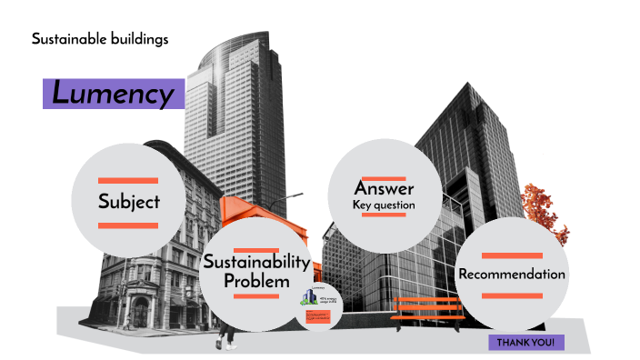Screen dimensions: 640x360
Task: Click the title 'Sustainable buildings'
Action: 100,39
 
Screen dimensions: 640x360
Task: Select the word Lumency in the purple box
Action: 113,94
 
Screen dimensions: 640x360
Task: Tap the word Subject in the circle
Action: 129,201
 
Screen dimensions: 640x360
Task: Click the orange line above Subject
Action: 128,179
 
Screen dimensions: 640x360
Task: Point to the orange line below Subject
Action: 128,225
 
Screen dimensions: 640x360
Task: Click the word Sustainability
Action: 257,262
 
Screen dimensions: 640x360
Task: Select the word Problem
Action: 257,281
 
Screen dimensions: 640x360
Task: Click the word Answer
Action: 384,189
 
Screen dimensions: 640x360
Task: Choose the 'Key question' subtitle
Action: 384,205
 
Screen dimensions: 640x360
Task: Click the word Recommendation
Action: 512,274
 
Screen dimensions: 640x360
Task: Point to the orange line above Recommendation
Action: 512,255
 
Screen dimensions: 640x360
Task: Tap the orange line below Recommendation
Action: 512,295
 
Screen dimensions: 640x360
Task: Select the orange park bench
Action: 426,311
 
